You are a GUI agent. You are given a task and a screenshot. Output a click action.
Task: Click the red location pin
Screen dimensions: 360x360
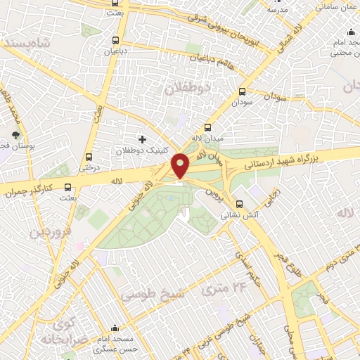pos(181,165)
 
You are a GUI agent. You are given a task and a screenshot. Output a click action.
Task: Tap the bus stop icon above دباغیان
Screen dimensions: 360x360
pos(115,40)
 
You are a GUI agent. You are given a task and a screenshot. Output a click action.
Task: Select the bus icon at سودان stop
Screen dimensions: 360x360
pos(243,91)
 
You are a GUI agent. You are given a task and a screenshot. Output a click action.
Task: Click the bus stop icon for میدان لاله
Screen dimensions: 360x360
pos(207,127)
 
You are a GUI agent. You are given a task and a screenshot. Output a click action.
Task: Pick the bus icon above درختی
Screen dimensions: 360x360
pos(89,157)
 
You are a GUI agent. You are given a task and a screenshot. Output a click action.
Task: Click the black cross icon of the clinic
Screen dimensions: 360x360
pos(143,139)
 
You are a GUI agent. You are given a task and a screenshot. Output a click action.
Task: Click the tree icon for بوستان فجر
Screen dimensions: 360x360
pos(16,135)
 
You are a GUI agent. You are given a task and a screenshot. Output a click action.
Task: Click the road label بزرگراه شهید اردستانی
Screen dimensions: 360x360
pos(281,160)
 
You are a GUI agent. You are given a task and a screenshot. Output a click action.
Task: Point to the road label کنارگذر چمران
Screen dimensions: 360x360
pos(30,190)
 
